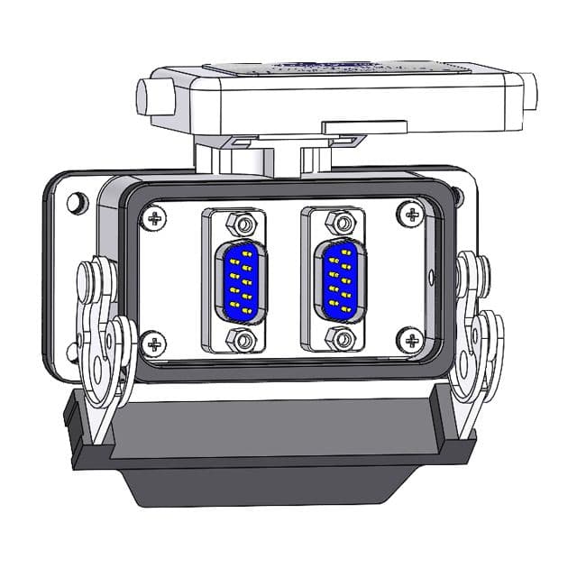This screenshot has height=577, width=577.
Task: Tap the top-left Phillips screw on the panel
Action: [158, 216]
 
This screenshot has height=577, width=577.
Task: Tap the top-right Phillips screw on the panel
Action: [412, 215]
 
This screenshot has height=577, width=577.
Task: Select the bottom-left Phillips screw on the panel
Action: [155, 343]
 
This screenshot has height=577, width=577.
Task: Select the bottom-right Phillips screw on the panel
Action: [412, 341]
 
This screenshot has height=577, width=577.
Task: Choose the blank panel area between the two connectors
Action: [288, 279]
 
